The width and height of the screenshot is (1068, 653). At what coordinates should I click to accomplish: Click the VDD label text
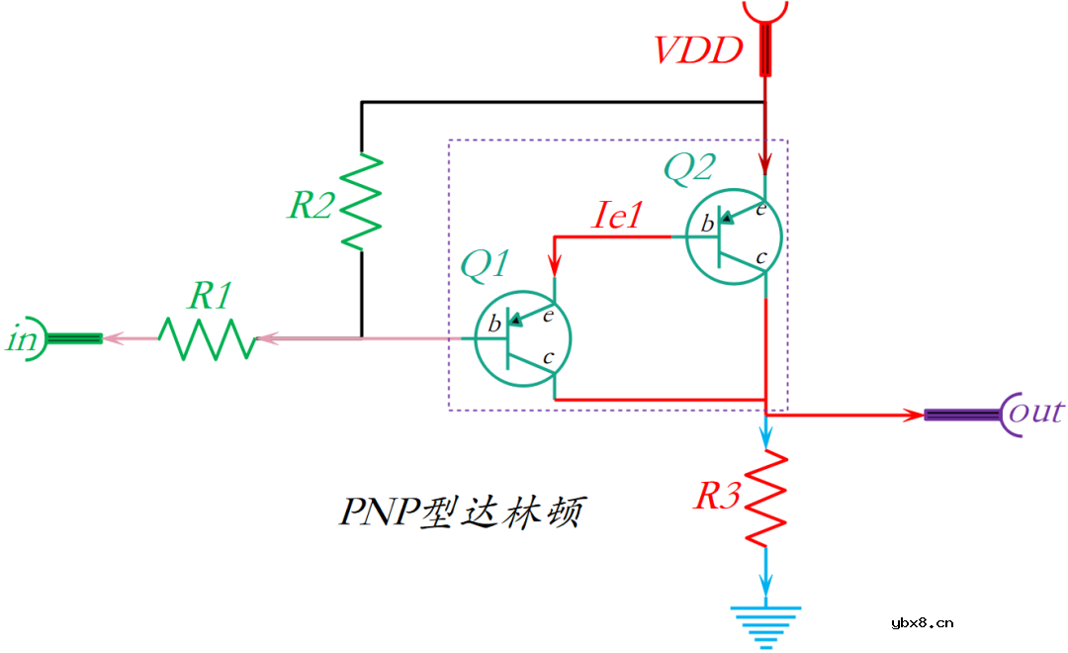(698, 49)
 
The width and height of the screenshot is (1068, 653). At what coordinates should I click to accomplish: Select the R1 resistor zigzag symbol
(207, 338)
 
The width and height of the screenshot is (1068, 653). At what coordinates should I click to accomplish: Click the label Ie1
(617, 215)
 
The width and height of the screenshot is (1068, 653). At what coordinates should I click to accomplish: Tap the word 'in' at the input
(22, 339)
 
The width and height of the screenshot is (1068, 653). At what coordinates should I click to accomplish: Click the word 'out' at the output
(1035, 412)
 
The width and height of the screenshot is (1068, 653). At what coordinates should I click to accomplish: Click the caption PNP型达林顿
(461, 512)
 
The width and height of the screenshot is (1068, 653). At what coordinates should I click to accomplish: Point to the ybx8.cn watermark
(922, 622)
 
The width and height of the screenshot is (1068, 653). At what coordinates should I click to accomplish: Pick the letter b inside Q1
(493, 325)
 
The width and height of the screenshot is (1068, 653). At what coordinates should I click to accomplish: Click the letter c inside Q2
(759, 257)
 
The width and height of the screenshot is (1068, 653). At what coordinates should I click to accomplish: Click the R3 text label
(717, 496)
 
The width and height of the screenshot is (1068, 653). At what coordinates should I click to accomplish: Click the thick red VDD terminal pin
(766, 50)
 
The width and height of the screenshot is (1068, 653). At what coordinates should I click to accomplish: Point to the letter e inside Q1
(547, 316)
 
